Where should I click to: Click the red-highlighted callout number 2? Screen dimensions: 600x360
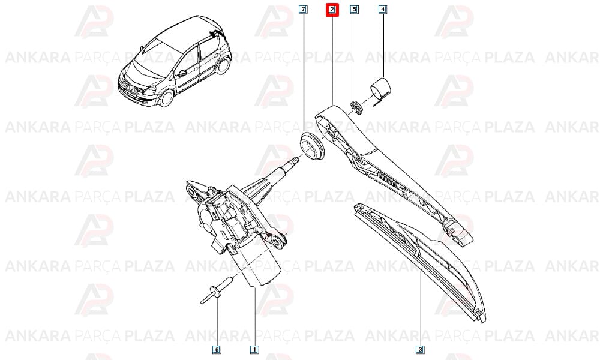point(332,10)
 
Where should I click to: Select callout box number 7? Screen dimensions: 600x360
point(303,9)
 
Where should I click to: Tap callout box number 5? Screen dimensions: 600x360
point(355,9)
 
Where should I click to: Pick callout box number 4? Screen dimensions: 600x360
point(383,9)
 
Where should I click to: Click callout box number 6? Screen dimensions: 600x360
point(217,349)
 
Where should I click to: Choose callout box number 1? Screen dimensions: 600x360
point(254,349)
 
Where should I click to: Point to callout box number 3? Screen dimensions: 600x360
point(420,349)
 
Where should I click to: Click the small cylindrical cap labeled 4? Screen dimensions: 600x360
point(382,88)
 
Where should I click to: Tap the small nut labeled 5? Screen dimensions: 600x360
point(356,107)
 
